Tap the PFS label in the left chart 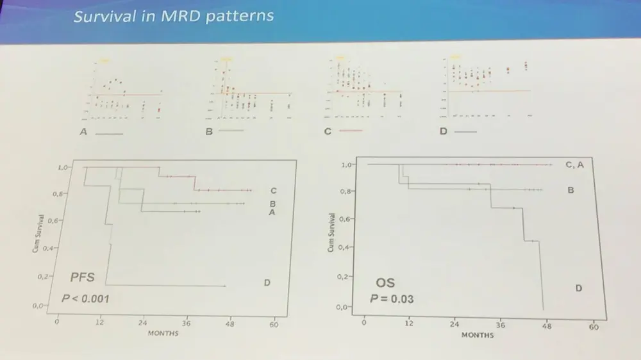coord(82,277)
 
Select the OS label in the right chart coord(385,282)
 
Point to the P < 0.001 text coord(86,298)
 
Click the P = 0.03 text coord(393,299)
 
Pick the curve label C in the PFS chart coord(273,190)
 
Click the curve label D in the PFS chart coord(267,282)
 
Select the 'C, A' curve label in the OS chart coord(574,165)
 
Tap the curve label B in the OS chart coord(570,190)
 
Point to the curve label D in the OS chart coord(578,288)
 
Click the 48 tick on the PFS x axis coord(229,323)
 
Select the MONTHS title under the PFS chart coord(163,333)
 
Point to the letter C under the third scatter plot coord(328,131)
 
